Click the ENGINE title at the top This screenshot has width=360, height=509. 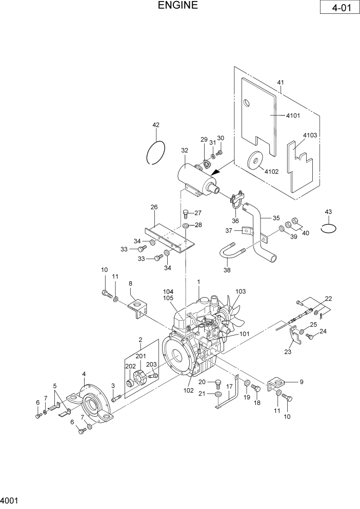point(177,6)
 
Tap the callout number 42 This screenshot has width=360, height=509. point(156,125)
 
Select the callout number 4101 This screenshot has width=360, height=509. point(292,115)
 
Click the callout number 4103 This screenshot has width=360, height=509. point(310,135)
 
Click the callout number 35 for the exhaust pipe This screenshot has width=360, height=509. point(276,217)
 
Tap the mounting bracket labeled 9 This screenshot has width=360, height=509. point(277,384)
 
